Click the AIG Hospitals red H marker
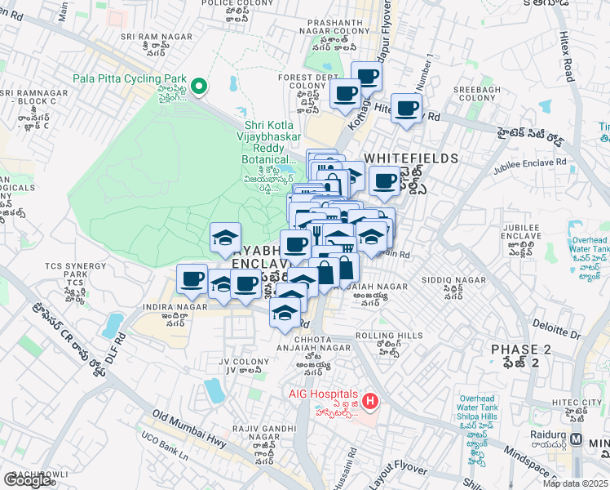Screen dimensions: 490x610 [x=370, y=401]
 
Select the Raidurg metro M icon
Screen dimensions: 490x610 [x=577, y=439]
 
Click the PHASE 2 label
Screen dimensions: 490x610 [x=521, y=350]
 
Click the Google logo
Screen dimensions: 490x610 [x=28, y=480]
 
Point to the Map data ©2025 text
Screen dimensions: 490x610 [x=575, y=483]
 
